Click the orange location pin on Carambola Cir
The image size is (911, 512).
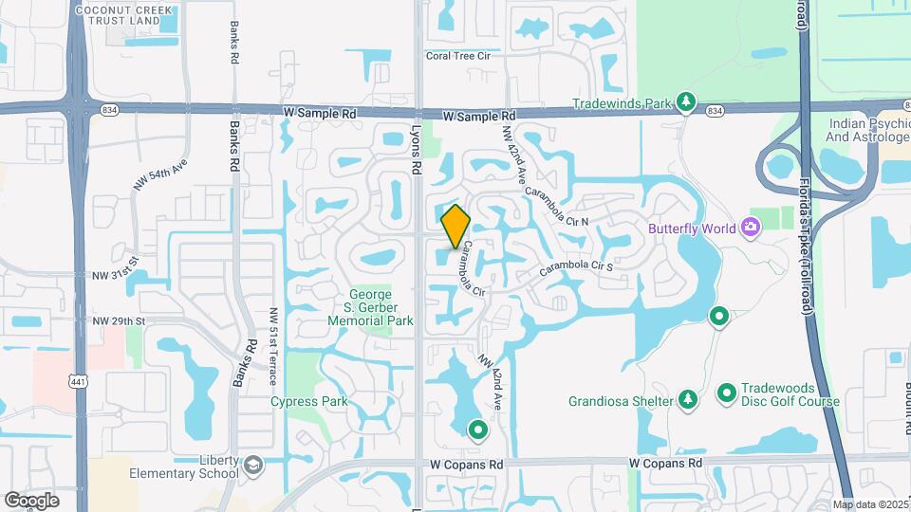pos(455,226)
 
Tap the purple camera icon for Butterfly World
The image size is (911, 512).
pos(751,227)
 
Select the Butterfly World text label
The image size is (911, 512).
pos(694,228)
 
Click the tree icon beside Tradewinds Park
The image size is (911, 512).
pos(686,101)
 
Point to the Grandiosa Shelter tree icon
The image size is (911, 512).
pos(686,400)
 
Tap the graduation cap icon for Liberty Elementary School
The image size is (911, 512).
pos(253,466)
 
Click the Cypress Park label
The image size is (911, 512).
pos(308,401)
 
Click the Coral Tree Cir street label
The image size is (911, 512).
pos(459,56)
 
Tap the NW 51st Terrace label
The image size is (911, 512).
pos(274,346)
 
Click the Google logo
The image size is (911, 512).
pos(31,501)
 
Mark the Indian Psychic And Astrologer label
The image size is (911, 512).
pos(868,131)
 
